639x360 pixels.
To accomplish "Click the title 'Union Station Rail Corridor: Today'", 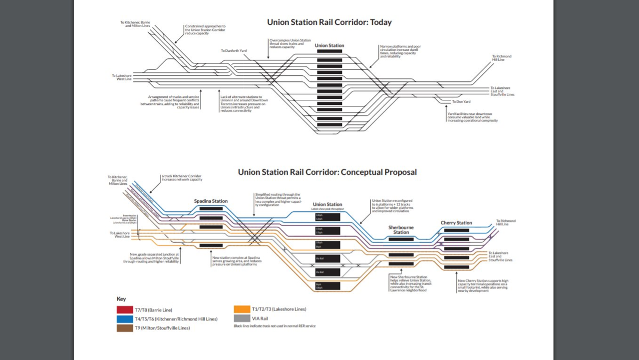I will [329, 22].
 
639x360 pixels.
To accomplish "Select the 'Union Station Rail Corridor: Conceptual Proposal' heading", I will [327, 172].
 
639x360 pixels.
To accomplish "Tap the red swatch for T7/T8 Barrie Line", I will [124, 310].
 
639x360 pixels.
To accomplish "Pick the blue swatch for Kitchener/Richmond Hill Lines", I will [124, 319].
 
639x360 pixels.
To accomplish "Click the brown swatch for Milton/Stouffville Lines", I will [124, 328].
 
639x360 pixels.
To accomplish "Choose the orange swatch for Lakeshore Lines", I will [242, 309].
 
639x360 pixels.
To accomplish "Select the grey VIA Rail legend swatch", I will [242, 318].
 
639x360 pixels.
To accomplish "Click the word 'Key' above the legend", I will [121, 299].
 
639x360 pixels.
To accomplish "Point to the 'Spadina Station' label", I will [211, 201].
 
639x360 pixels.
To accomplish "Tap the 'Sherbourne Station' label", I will [401, 229].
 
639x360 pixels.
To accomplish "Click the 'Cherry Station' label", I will [456, 223].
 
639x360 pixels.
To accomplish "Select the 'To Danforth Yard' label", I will [234, 51].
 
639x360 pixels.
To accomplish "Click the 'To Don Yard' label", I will [461, 101].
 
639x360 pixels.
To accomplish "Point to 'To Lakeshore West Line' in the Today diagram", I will [121, 77].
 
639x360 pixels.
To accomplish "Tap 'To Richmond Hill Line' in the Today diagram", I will [501, 58].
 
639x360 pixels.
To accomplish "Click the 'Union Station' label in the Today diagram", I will [329, 45].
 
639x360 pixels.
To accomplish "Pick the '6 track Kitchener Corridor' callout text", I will [181, 178].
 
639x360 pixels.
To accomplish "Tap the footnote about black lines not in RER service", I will [275, 326].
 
